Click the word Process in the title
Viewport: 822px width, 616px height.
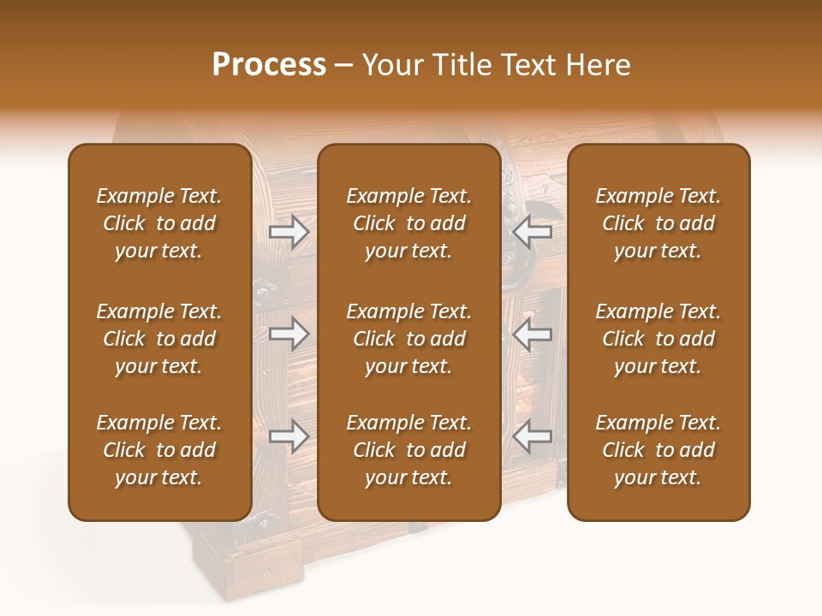pyautogui.click(x=269, y=65)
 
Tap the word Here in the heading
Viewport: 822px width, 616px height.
pyautogui.click(x=599, y=65)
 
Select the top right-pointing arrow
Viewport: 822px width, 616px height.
pyautogui.click(x=289, y=232)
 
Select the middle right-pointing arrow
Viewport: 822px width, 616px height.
pyautogui.click(x=289, y=334)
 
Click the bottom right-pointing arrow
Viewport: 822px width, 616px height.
pyautogui.click(x=289, y=436)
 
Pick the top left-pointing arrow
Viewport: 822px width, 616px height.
pyautogui.click(x=532, y=232)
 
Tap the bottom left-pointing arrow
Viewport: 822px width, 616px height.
pyautogui.click(x=532, y=436)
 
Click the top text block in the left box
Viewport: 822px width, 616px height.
pyautogui.click(x=159, y=223)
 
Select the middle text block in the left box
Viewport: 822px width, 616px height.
pyautogui.click(x=159, y=339)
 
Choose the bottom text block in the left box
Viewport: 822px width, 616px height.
pyautogui.click(x=159, y=450)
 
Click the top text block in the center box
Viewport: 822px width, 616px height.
pyautogui.click(x=409, y=223)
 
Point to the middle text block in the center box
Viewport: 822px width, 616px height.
pyautogui.click(x=409, y=339)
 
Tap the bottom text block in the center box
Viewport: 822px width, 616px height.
pyautogui.click(x=409, y=450)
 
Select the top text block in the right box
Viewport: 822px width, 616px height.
pyautogui.click(x=658, y=223)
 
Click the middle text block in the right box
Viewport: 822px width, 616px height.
pyautogui.click(x=658, y=339)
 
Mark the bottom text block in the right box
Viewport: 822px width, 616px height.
pyautogui.click(x=658, y=450)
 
